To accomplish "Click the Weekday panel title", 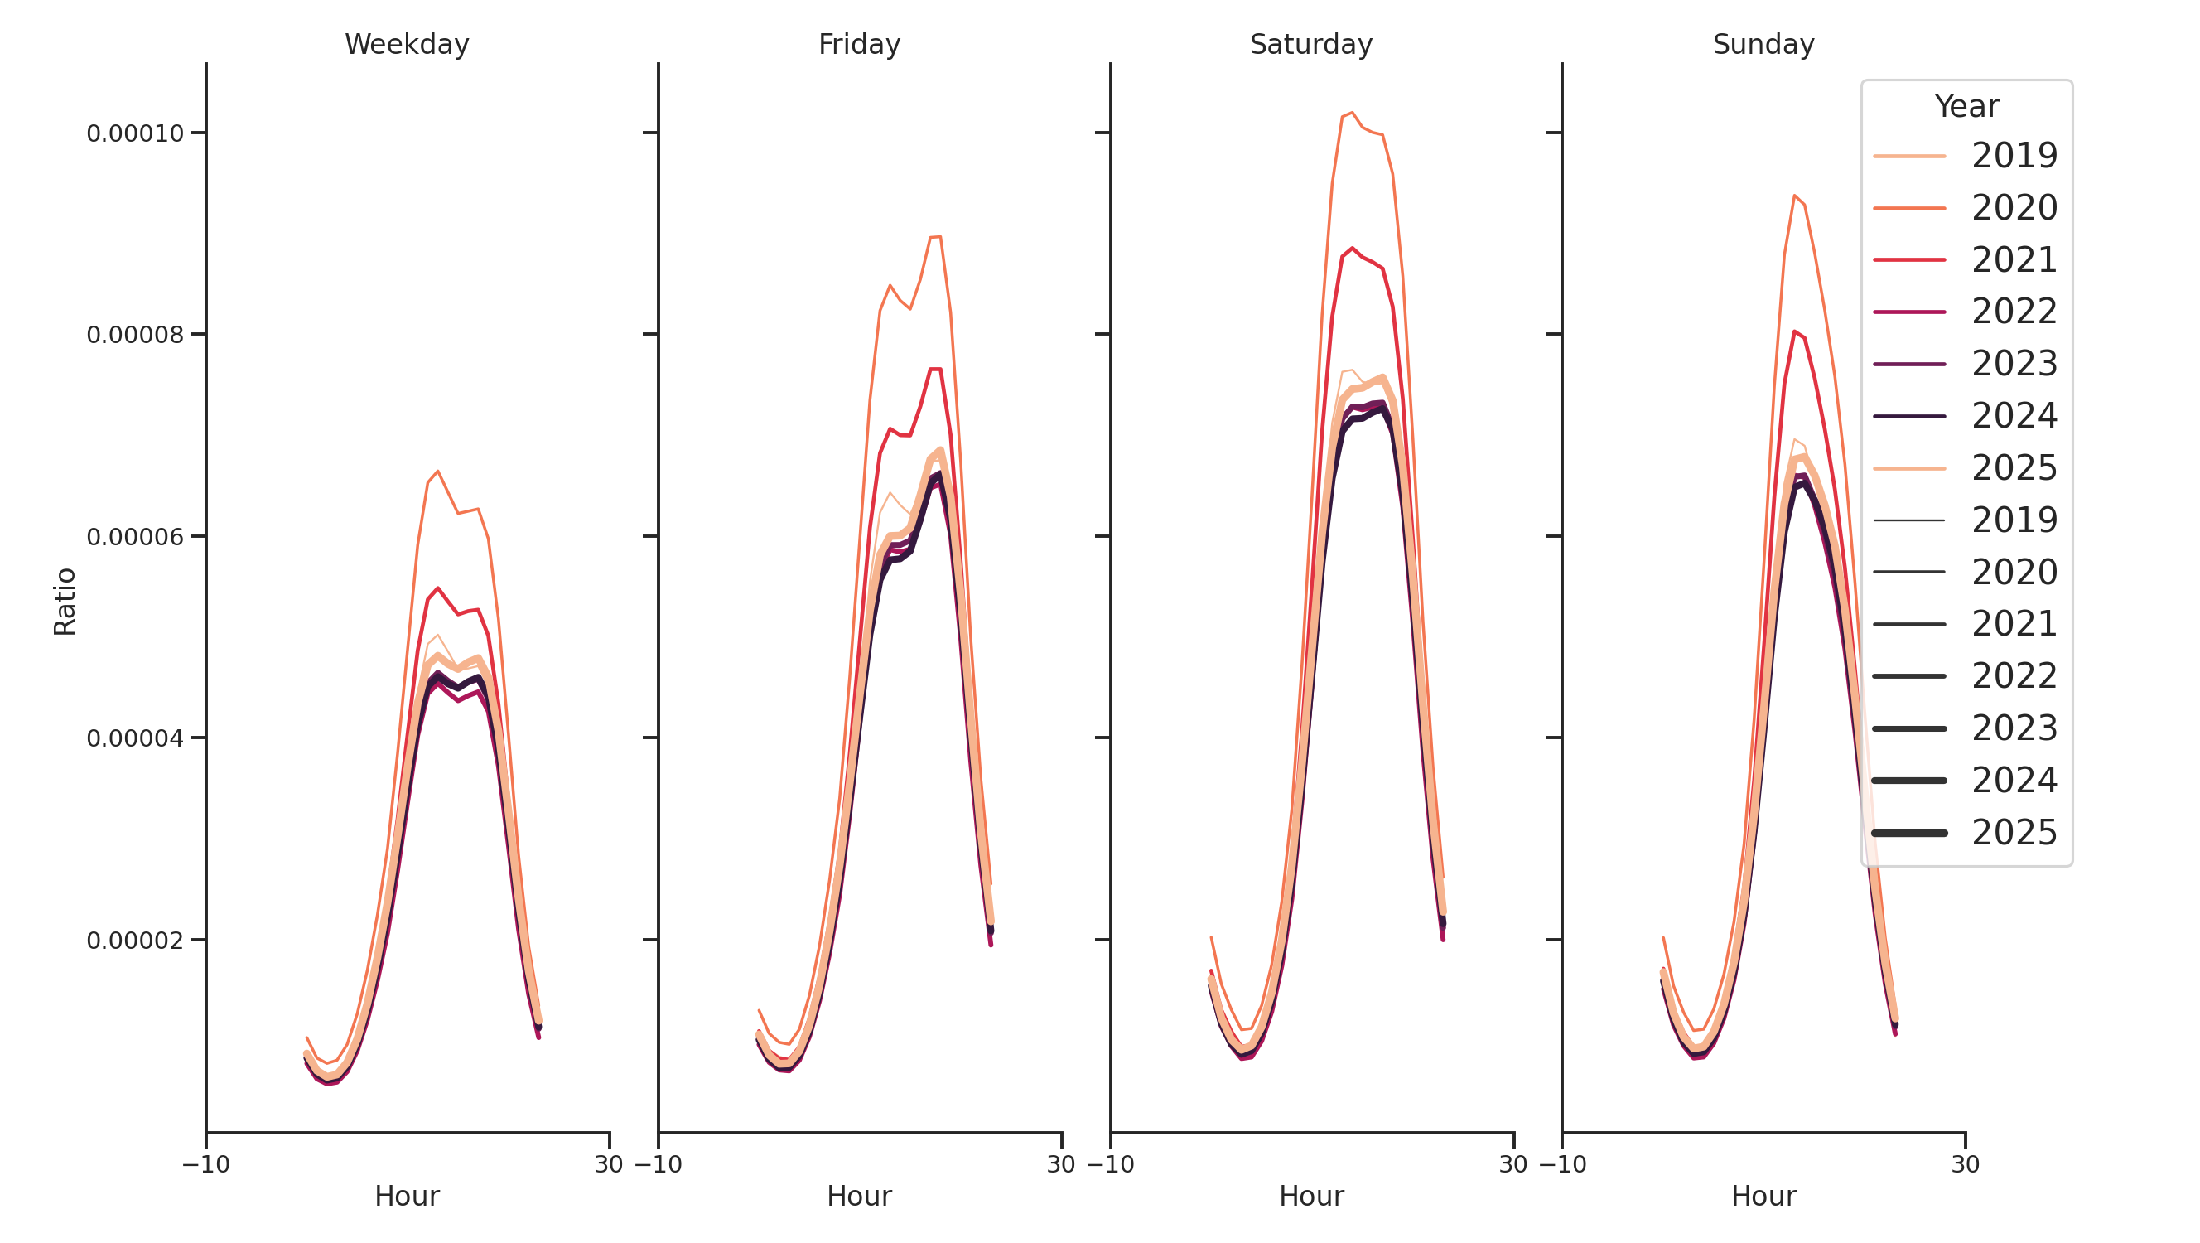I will point(407,45).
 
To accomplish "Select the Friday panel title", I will point(859,45).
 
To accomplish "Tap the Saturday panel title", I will point(1311,45).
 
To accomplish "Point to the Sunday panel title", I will point(1763,45).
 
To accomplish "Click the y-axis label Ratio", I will point(65,602).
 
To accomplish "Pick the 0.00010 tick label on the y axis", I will point(135,134).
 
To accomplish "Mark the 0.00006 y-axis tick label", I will point(135,537).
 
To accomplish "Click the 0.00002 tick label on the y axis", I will point(135,941).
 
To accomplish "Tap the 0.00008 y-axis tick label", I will point(135,335).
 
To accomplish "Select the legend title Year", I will point(1966,107).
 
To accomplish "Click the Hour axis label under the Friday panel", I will point(859,1196).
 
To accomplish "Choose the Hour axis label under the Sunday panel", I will point(1763,1196).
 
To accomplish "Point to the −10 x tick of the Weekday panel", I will point(205,1164).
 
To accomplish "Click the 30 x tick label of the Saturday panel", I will point(1513,1164).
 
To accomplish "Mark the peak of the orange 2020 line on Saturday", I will point(1352,113).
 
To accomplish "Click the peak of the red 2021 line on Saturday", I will point(1352,248).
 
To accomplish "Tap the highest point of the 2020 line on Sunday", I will point(1794,196).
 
